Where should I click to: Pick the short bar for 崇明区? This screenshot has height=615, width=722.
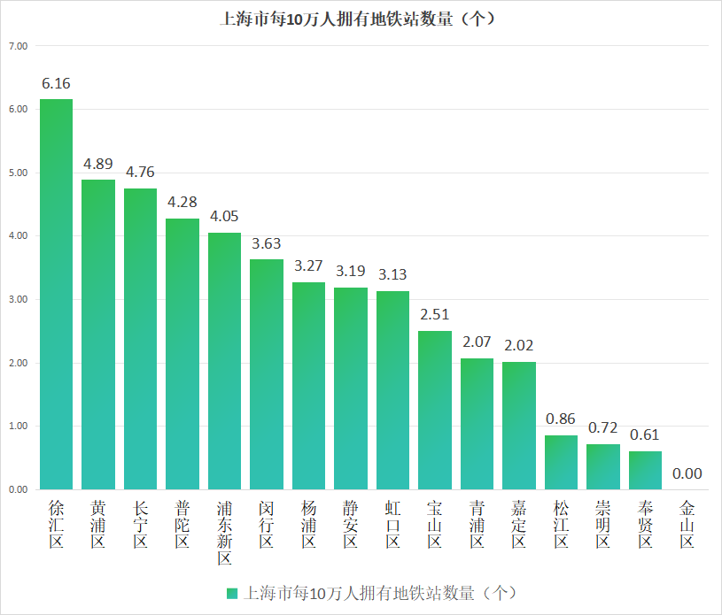point(603,466)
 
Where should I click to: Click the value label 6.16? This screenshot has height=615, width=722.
point(56,83)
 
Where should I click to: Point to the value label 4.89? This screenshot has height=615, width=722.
point(98,164)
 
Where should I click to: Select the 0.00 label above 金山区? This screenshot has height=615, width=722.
point(687,473)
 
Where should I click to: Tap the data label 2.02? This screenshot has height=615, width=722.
point(519,345)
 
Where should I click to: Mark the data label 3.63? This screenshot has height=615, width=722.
point(267,243)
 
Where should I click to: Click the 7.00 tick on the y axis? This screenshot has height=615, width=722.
point(19,45)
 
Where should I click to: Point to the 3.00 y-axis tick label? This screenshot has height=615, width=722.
point(19,299)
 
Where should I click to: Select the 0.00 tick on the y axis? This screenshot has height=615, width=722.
point(19,489)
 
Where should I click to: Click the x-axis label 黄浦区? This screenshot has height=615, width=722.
point(98,524)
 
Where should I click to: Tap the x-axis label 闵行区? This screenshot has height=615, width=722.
point(267,524)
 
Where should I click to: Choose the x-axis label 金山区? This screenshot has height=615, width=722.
point(687,524)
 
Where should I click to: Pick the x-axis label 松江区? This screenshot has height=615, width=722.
point(561,524)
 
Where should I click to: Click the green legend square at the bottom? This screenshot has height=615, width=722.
point(232,593)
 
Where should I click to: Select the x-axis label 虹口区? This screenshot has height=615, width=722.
point(392,524)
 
